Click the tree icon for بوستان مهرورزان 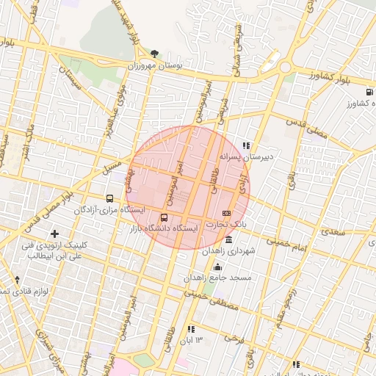point(154,54)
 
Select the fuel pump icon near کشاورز point(368,93)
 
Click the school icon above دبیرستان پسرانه point(246,145)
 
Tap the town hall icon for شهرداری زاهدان point(229,241)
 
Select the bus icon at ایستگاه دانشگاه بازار point(164,217)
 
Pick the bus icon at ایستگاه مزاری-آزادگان point(110,198)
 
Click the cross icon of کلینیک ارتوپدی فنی point(54,234)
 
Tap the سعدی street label point(333,232)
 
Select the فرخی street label point(234,340)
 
